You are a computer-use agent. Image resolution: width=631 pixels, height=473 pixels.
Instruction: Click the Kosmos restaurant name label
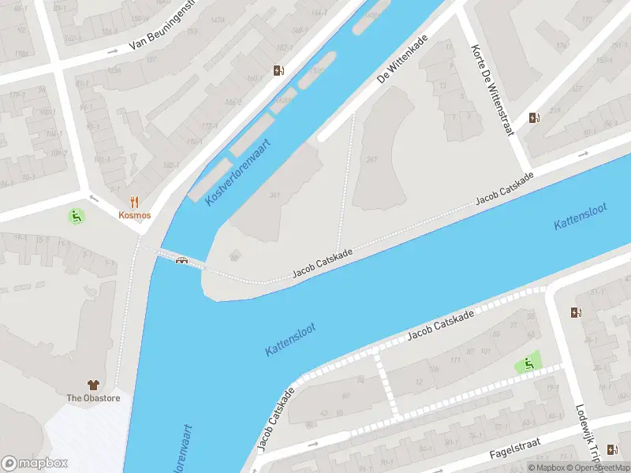[135, 214]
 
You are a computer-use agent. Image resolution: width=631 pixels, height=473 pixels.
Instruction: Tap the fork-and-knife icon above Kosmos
[135, 201]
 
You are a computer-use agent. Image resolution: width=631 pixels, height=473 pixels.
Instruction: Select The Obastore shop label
[93, 397]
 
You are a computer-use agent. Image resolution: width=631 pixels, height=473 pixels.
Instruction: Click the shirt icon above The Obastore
[93, 385]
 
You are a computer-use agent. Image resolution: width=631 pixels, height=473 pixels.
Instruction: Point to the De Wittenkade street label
[402, 58]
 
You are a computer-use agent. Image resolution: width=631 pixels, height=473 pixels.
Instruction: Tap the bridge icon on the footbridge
[182, 261]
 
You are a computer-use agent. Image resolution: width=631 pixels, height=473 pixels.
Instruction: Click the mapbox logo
[35, 463]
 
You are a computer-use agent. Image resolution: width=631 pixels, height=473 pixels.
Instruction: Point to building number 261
[371, 159]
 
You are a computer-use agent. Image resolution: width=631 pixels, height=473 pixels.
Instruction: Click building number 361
[274, 195]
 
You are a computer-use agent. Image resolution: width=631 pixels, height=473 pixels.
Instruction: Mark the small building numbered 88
[233, 255]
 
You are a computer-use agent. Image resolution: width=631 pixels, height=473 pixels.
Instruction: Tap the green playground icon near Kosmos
[77, 215]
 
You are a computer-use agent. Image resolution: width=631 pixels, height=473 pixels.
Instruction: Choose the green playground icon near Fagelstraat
[528, 363]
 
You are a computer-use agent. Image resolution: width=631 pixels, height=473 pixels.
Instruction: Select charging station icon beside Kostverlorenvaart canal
[278, 71]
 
